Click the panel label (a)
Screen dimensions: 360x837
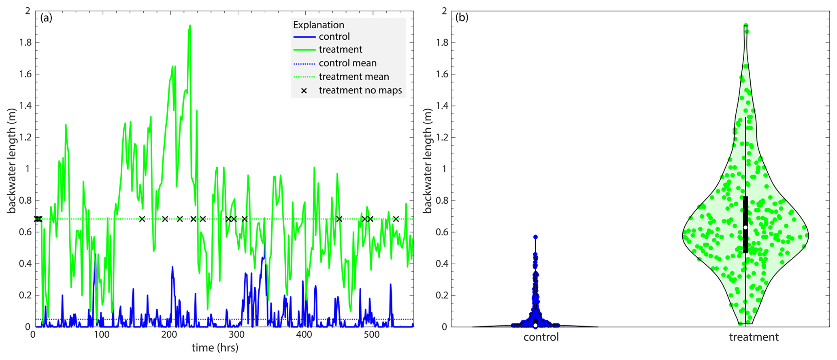coord(46,18)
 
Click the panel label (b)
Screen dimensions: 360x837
coord(462,18)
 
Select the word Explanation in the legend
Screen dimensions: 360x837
coord(318,25)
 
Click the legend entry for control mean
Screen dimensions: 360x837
coord(347,63)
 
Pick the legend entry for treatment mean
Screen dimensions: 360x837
coord(354,77)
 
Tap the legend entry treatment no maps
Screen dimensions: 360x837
coord(360,90)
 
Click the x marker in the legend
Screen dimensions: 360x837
coord(304,91)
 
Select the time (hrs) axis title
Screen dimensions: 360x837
coord(215,348)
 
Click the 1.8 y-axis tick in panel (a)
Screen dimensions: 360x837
coord(25,43)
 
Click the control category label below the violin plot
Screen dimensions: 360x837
coord(541,337)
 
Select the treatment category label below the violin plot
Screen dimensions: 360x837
coord(754,337)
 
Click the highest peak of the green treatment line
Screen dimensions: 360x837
coord(190,25)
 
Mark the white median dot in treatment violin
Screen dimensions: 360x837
coord(745,228)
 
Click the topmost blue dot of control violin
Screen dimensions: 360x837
coord(535,237)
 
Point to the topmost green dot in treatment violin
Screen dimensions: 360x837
coord(745,26)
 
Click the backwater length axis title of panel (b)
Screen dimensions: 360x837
coord(428,161)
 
